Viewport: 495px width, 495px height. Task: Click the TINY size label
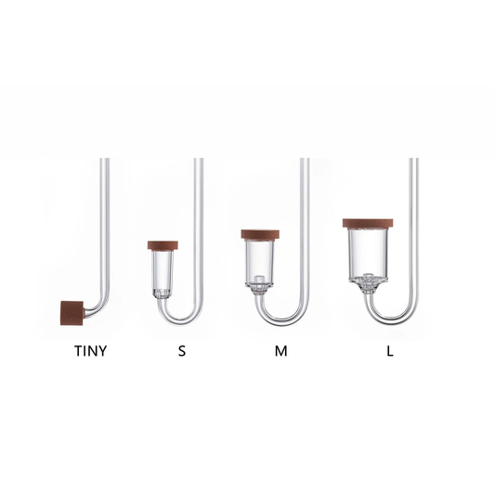coord(91,352)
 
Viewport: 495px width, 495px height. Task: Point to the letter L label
coord(390,352)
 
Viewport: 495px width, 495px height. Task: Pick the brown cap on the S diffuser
coord(163,245)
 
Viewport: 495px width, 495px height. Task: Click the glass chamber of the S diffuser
coord(163,271)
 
